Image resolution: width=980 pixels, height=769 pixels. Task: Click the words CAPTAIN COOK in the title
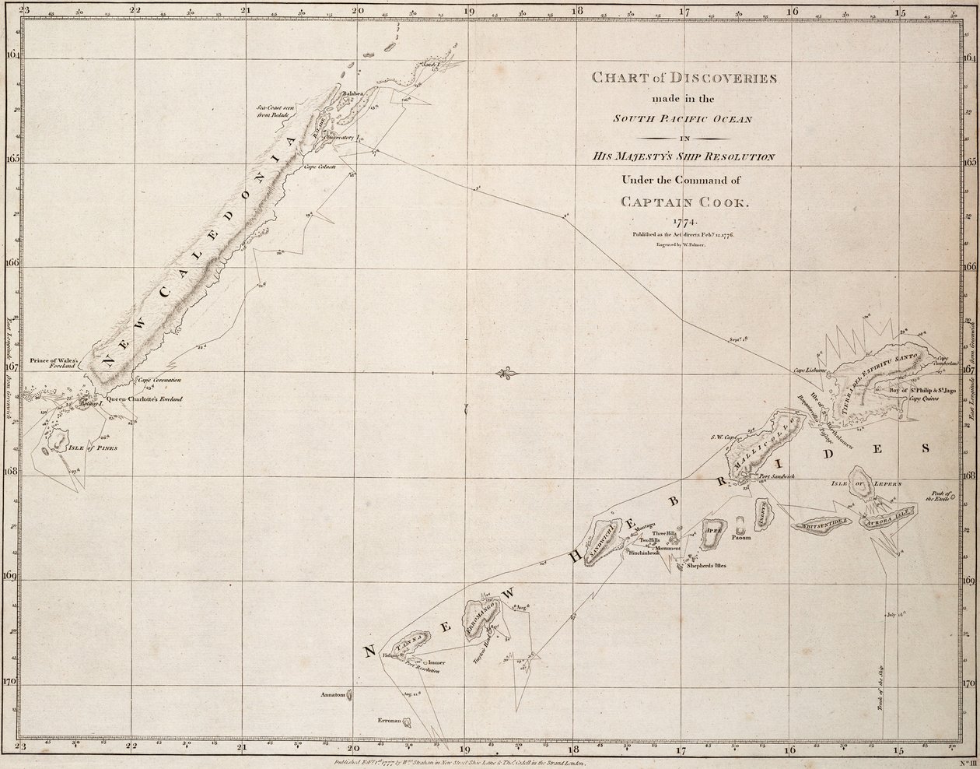(x=686, y=202)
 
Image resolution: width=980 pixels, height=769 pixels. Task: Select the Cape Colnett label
(x=319, y=167)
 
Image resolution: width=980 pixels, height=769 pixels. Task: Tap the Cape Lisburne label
(x=809, y=370)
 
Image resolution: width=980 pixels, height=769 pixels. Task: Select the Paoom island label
(x=740, y=538)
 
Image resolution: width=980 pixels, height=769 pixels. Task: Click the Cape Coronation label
(x=159, y=380)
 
